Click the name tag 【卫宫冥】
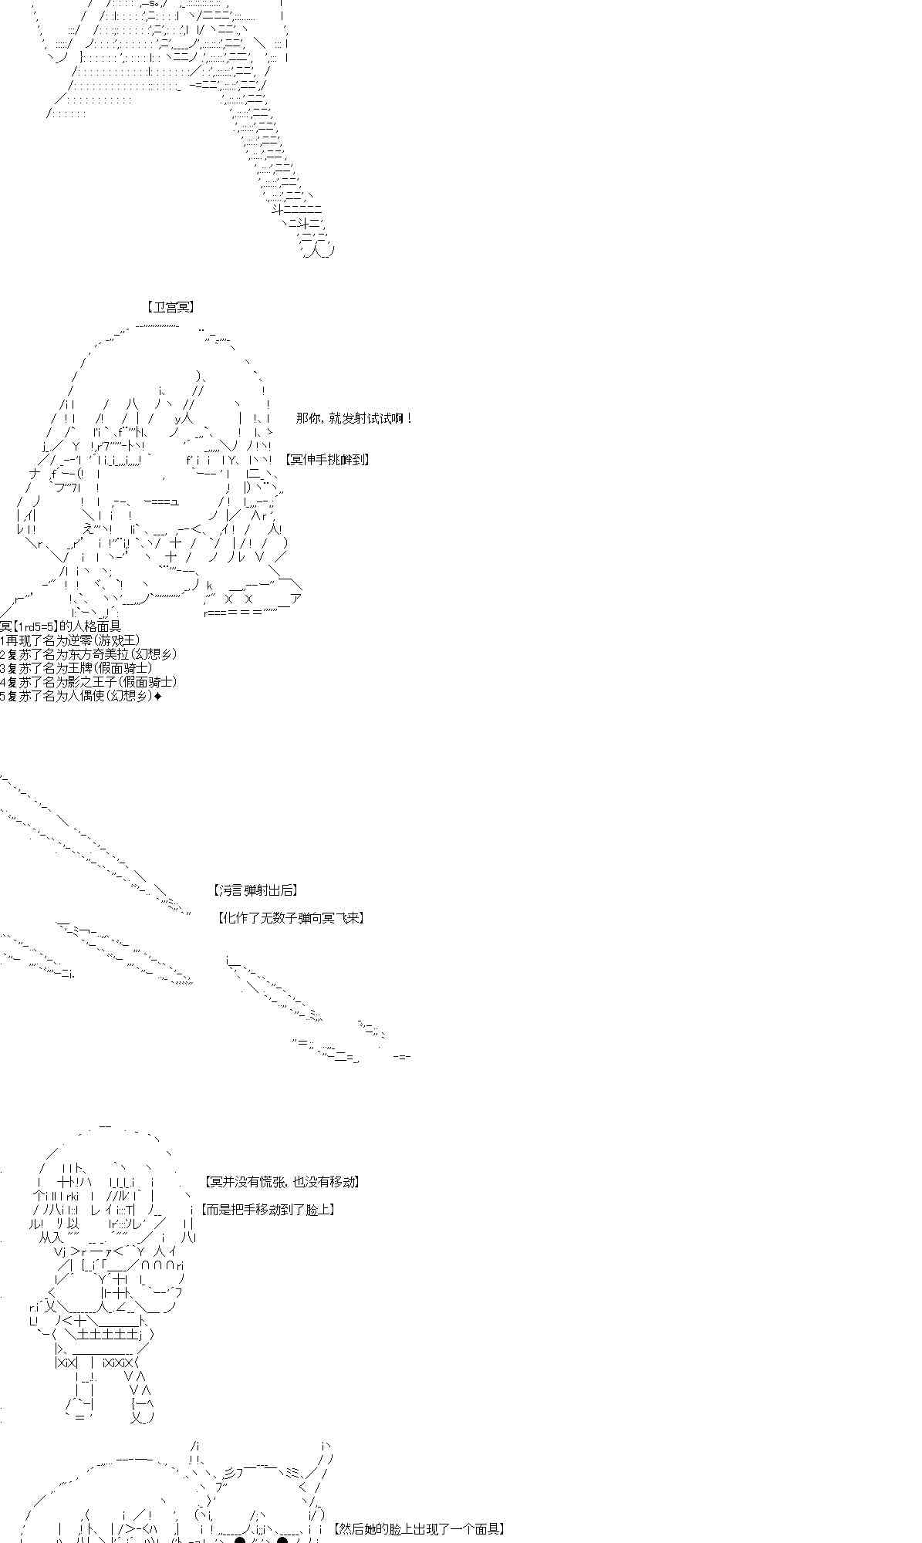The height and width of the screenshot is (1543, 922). coord(170,307)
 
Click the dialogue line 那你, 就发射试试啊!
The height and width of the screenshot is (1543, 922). coord(354,419)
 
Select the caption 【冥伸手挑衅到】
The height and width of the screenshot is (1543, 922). coord(327,460)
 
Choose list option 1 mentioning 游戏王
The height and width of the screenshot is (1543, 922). coord(71,640)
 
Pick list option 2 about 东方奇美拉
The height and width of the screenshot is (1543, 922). coord(89,654)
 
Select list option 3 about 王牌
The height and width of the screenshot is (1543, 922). coord(77,668)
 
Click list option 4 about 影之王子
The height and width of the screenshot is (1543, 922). coord(89,682)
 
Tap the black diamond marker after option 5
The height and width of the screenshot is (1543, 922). coord(158,697)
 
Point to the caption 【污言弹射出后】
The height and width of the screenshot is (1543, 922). coord(255,890)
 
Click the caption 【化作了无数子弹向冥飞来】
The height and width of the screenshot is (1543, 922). coord(292,918)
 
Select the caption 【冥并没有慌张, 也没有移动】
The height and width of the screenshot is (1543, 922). coord(282,1182)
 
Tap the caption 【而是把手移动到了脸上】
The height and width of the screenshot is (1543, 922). coord(268,1210)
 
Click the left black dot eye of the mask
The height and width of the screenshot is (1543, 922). coord(239,1540)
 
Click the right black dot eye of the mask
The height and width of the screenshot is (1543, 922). coord(282,1540)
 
